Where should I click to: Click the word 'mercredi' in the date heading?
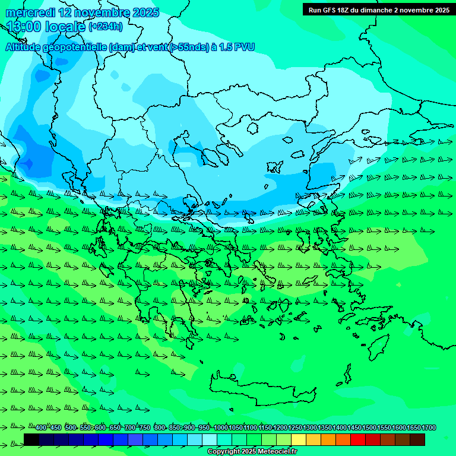(x=30, y=12)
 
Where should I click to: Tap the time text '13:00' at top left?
(x=24, y=27)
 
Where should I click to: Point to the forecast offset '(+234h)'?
(x=106, y=27)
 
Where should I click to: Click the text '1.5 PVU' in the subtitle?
(x=236, y=47)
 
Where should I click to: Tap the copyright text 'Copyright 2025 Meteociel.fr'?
(x=252, y=452)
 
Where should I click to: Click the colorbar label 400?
(x=40, y=428)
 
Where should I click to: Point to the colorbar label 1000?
(x=220, y=428)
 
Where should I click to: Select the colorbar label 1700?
(x=428, y=428)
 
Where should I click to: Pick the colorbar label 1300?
(x=309, y=428)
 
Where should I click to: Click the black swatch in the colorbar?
(x=31, y=439)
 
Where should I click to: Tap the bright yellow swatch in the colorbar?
(x=299, y=439)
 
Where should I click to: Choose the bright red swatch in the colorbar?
(x=358, y=439)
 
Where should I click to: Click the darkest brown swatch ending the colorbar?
(x=417, y=439)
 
